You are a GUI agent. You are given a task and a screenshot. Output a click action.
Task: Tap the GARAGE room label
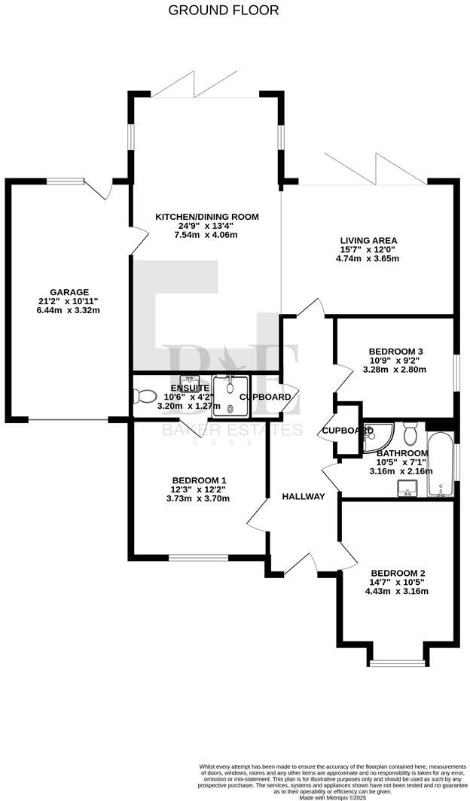tap(69, 292)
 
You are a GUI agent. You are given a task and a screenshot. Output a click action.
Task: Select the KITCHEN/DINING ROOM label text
tap(206, 217)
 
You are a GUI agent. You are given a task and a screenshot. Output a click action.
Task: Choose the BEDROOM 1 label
tap(199, 480)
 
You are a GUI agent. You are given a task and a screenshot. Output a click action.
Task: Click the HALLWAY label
tap(304, 496)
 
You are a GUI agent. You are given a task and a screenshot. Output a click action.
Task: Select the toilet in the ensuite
tap(144, 396)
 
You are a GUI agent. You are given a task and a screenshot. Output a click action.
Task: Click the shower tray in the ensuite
tap(230, 396)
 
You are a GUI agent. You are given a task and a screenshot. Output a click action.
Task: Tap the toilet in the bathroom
tap(410, 434)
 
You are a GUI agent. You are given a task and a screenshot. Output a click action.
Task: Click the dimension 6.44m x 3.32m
tap(69, 310)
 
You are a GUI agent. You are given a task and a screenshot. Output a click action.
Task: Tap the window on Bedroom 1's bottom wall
tap(198, 558)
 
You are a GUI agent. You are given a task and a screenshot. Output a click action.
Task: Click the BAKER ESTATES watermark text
tap(233, 431)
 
